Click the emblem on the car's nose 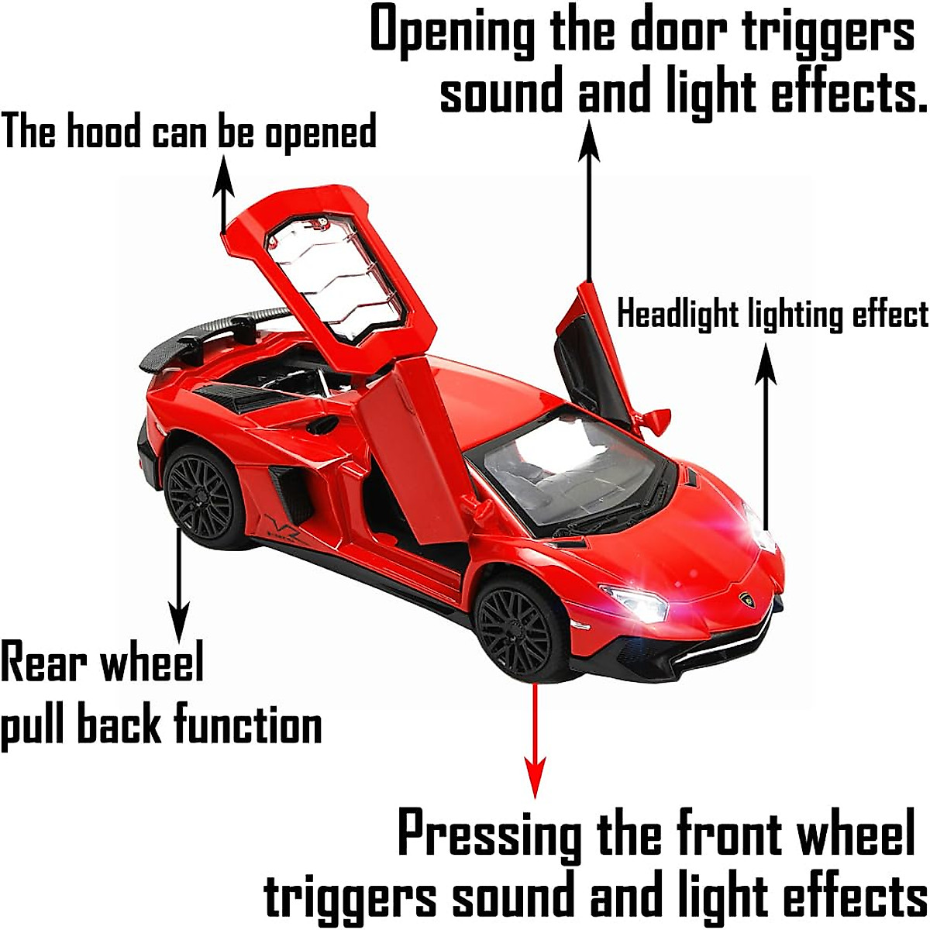click(x=747, y=599)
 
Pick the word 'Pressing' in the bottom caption click(x=490, y=835)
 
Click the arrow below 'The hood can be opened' click(x=224, y=194)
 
